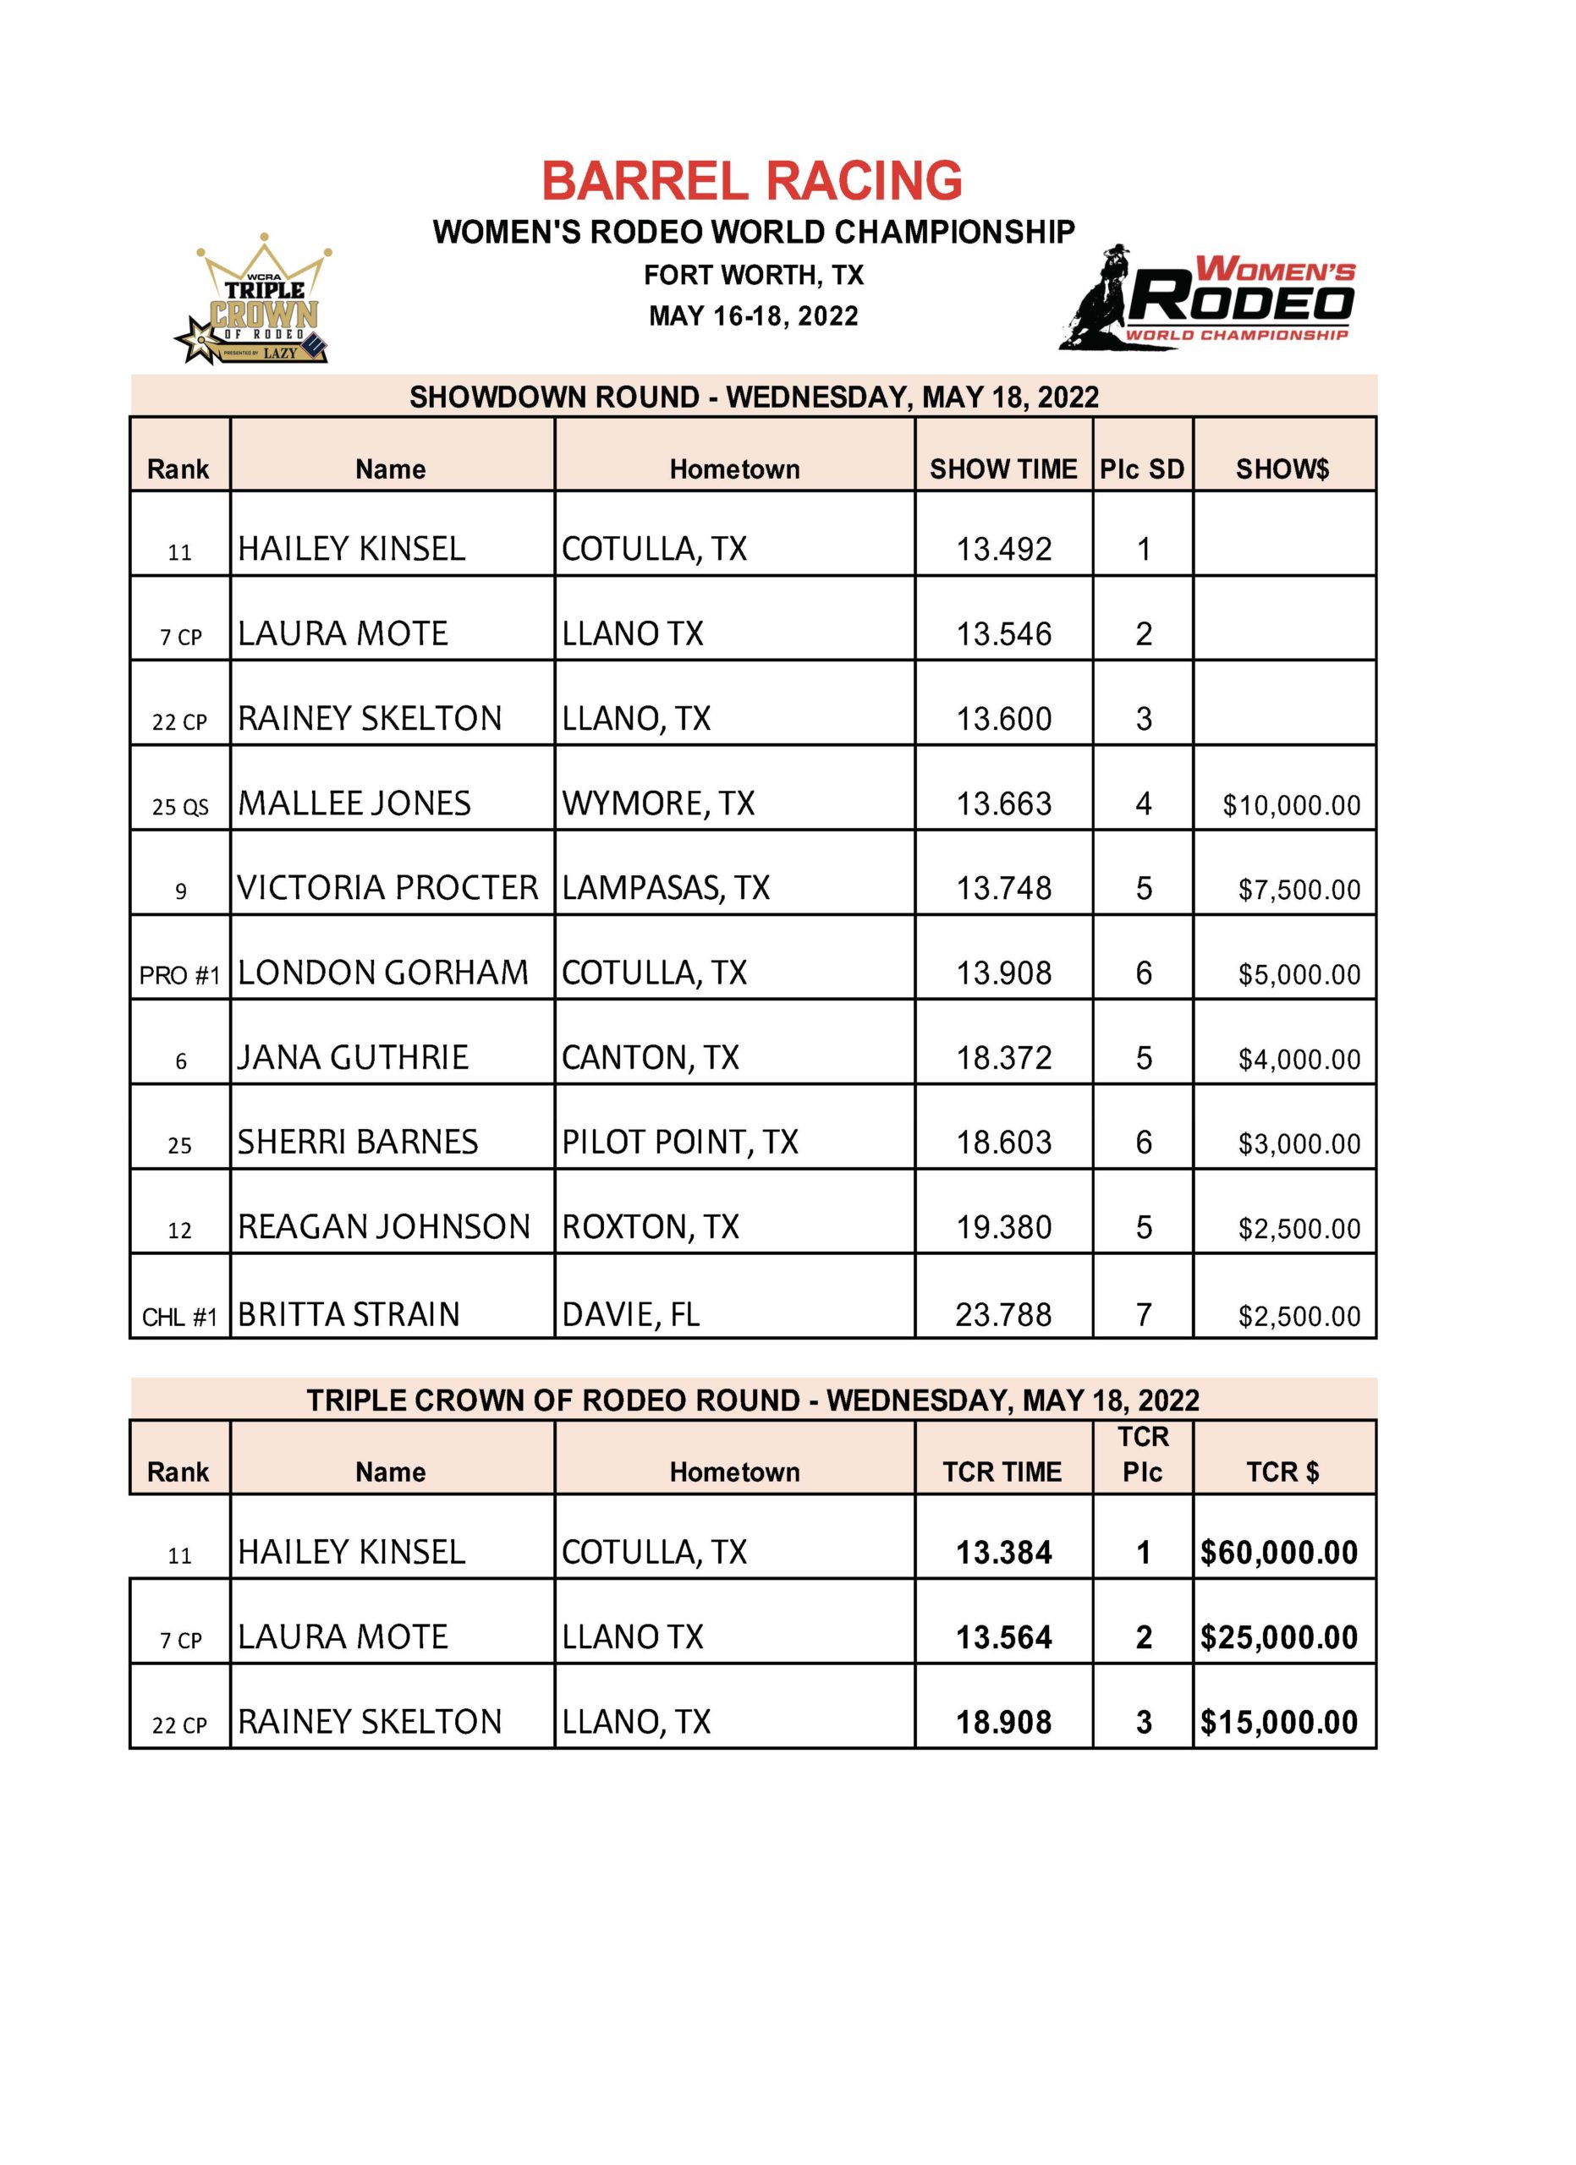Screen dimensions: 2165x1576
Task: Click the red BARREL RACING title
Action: (x=752, y=180)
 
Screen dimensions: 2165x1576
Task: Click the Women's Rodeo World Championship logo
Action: (x=1211, y=299)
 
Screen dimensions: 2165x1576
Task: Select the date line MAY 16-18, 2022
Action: (x=753, y=316)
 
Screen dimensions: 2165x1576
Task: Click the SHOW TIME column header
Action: (x=1002, y=469)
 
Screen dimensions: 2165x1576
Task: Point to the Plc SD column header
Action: (x=1142, y=469)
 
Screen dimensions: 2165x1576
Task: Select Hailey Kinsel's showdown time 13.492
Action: (x=1003, y=549)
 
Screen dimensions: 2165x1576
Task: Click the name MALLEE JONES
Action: (x=354, y=803)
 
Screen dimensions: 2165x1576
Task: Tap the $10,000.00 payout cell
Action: (x=1291, y=806)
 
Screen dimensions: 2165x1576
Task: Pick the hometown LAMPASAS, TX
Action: (x=665, y=889)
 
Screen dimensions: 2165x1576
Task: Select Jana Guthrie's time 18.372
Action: (x=1003, y=1058)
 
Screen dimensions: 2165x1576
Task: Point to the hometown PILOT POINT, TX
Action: (x=679, y=1143)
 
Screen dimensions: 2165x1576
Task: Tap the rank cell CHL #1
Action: (x=179, y=1318)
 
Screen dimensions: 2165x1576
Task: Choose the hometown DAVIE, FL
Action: (x=630, y=1315)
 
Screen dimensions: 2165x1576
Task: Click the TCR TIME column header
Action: (x=1002, y=1472)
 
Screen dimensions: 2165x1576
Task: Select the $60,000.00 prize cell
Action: (x=1279, y=1553)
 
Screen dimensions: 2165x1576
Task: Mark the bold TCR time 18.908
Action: (x=1003, y=1723)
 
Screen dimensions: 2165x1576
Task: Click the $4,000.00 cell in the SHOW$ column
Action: (x=1299, y=1060)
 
